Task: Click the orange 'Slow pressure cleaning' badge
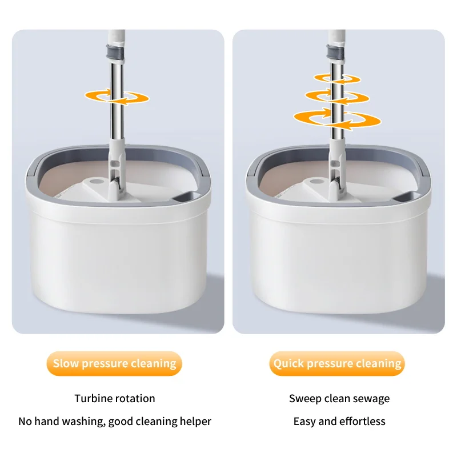(x=114, y=363)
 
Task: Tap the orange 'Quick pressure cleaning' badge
(x=337, y=363)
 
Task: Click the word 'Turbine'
(x=93, y=398)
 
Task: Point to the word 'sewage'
(x=371, y=398)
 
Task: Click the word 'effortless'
(x=363, y=422)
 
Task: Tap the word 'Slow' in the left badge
(x=66, y=363)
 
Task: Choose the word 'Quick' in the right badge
(x=290, y=363)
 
